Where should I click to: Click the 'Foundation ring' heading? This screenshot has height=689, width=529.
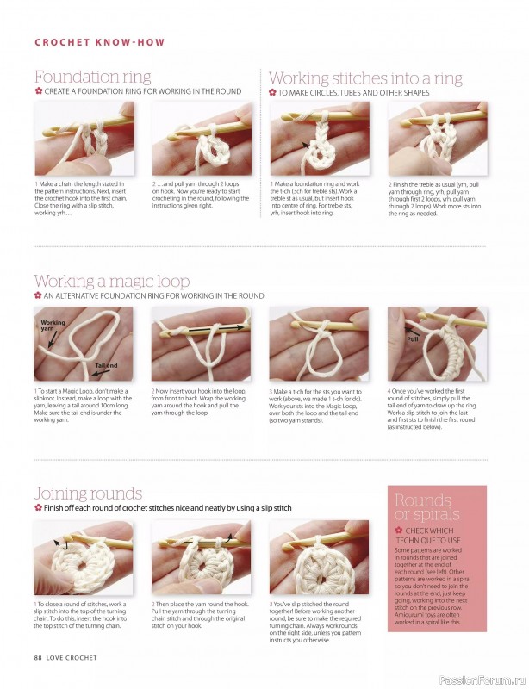[92, 77]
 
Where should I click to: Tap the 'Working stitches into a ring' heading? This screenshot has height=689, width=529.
[365, 78]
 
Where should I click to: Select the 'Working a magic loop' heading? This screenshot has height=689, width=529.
[111, 281]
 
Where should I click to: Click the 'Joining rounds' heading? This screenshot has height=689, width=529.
[88, 493]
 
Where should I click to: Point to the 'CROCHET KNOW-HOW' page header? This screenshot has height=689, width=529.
[99, 42]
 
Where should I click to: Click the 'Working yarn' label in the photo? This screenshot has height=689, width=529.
[53, 325]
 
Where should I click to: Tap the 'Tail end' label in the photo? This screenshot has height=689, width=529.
[106, 365]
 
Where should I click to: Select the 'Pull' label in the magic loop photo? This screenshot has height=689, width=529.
[412, 338]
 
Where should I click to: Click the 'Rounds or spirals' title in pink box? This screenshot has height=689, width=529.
[423, 507]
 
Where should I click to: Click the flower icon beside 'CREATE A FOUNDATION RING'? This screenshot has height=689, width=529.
[39, 91]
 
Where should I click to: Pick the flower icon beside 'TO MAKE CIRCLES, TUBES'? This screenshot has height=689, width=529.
[272, 91]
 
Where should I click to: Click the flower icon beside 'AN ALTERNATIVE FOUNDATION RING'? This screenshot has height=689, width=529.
[39, 295]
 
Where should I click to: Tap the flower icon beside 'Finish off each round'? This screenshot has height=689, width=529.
[39, 508]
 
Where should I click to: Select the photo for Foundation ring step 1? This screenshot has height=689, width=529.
[84, 138]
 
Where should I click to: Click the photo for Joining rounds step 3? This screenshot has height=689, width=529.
[320, 556]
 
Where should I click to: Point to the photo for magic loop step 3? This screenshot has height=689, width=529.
[320, 344]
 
